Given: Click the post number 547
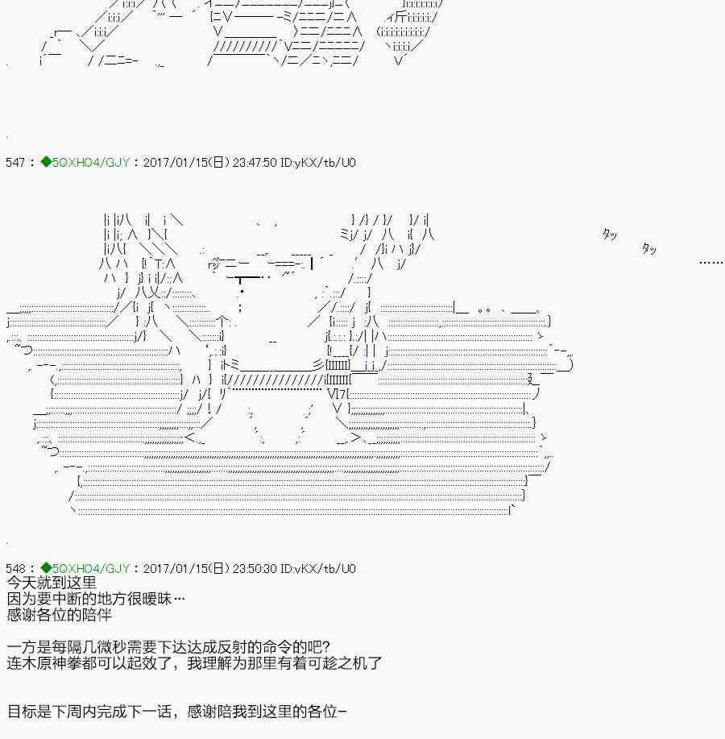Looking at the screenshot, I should (x=15, y=163).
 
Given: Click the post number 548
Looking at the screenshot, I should (x=15, y=569).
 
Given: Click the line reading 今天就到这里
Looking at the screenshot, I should (x=52, y=583).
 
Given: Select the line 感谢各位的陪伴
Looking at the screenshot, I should (x=60, y=615).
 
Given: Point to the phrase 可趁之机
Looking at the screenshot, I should (x=340, y=663).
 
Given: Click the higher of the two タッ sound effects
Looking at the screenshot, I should (x=609, y=235).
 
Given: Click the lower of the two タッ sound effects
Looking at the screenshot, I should (x=648, y=249).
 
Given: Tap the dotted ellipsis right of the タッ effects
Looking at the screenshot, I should (x=710, y=262).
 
